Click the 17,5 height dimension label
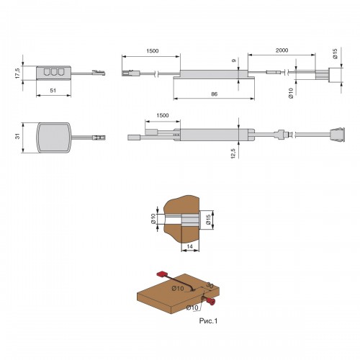(17, 73)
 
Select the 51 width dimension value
(53, 91)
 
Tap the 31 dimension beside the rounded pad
(17, 136)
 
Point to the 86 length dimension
(214, 94)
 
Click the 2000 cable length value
(282, 50)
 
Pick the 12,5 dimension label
(233, 153)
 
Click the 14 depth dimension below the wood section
(189, 246)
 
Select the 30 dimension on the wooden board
(210, 285)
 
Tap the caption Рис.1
(208, 320)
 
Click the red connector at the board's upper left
(161, 274)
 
